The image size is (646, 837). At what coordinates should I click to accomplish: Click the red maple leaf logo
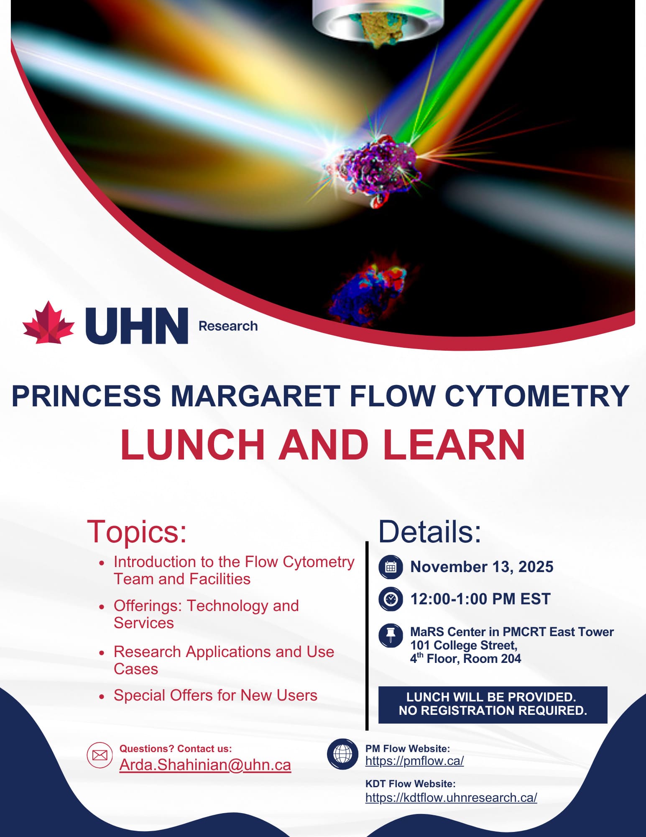(x=48, y=323)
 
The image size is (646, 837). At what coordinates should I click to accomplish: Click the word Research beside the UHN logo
(x=228, y=326)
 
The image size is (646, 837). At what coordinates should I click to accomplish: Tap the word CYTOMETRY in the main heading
(x=537, y=395)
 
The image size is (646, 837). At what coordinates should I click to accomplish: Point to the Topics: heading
(x=137, y=531)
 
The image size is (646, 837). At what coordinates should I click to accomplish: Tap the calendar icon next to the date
(x=391, y=567)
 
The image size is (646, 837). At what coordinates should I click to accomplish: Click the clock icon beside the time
(x=391, y=599)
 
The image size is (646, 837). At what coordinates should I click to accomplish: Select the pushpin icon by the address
(x=391, y=636)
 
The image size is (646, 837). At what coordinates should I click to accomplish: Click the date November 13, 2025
(x=482, y=567)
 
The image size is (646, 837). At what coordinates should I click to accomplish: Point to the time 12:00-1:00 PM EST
(x=480, y=599)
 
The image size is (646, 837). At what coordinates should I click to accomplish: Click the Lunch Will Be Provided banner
(x=493, y=705)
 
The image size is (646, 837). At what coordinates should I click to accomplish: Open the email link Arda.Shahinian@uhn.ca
(x=205, y=765)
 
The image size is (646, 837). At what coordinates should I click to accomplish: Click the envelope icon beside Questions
(x=100, y=755)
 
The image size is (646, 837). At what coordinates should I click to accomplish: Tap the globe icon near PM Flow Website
(x=342, y=754)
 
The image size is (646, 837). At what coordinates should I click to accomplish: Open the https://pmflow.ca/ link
(x=414, y=761)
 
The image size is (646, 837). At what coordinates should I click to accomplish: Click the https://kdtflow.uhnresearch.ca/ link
(x=451, y=798)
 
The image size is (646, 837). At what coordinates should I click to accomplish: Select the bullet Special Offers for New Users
(x=215, y=696)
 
